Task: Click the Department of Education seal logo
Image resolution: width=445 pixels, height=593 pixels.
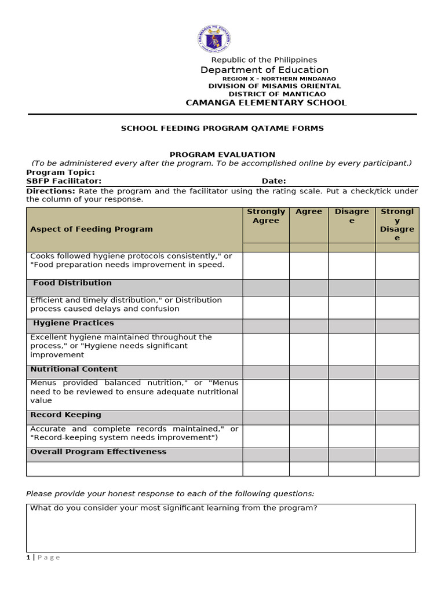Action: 214,40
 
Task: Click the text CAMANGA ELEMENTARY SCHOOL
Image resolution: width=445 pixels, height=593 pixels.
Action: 265,103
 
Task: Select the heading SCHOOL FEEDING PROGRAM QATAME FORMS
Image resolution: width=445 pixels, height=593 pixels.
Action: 222,129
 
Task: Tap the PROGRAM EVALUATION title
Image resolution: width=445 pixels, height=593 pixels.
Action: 222,155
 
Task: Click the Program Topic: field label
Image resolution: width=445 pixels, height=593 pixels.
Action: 60,173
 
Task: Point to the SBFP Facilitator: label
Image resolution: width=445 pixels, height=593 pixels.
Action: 64,181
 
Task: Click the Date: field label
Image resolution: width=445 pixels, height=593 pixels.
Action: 273,181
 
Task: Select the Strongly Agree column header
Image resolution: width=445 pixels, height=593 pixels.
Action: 266,216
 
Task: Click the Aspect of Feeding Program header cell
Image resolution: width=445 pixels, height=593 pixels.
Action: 92,229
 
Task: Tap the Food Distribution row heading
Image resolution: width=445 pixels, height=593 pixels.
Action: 72,283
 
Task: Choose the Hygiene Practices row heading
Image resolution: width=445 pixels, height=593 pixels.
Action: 74,323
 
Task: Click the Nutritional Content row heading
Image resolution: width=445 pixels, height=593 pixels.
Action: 74,369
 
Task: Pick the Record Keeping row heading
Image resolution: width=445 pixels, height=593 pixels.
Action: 65,415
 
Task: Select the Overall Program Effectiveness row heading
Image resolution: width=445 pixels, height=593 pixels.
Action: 98,452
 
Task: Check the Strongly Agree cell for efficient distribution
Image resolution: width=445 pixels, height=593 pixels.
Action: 266,307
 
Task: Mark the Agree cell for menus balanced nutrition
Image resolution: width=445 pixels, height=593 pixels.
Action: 309,394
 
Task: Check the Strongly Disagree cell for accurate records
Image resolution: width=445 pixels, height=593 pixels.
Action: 397,436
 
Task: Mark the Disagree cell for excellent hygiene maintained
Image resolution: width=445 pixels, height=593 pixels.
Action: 352,349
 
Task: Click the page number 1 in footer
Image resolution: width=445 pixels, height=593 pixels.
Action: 28,558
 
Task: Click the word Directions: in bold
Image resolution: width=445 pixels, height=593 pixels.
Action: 50,191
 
